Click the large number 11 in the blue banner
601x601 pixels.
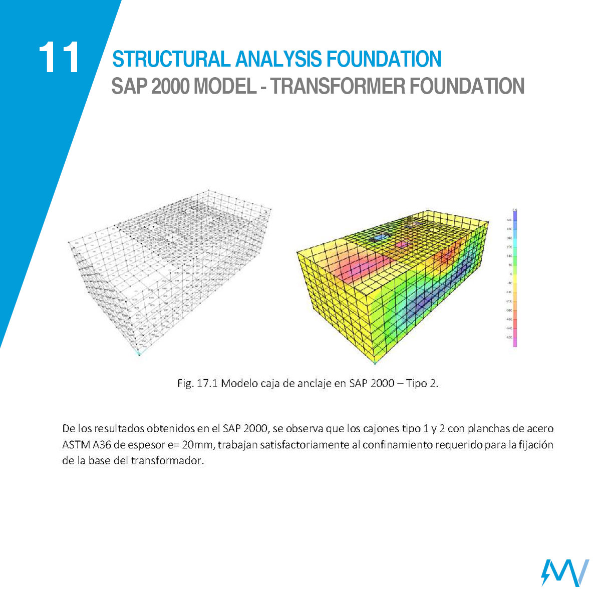59,58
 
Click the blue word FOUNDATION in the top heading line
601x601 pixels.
384,59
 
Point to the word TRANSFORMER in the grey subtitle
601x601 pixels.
339,87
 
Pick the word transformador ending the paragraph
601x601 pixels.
168,461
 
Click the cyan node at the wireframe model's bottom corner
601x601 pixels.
140,354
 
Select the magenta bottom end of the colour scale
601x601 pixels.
515,343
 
